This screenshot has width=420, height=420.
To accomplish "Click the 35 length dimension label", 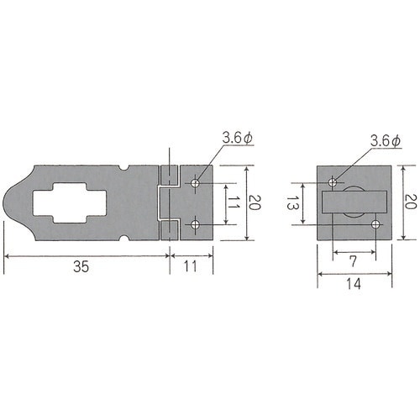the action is (x=81, y=266).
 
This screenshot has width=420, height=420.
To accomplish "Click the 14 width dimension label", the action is (x=354, y=284).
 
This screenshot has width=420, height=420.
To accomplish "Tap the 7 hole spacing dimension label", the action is (x=354, y=261).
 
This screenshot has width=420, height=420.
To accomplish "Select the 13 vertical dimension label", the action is (x=293, y=202).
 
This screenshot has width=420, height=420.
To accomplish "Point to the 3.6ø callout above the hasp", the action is (x=238, y=138).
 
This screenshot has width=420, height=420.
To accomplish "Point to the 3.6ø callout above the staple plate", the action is (x=386, y=140).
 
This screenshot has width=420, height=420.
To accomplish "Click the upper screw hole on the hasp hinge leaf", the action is (x=195, y=183).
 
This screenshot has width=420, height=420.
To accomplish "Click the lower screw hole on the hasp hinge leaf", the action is (x=195, y=224).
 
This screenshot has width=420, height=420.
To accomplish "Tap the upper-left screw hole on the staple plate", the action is (x=333, y=182).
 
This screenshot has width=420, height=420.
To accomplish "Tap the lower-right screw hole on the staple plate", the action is (x=375, y=224).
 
